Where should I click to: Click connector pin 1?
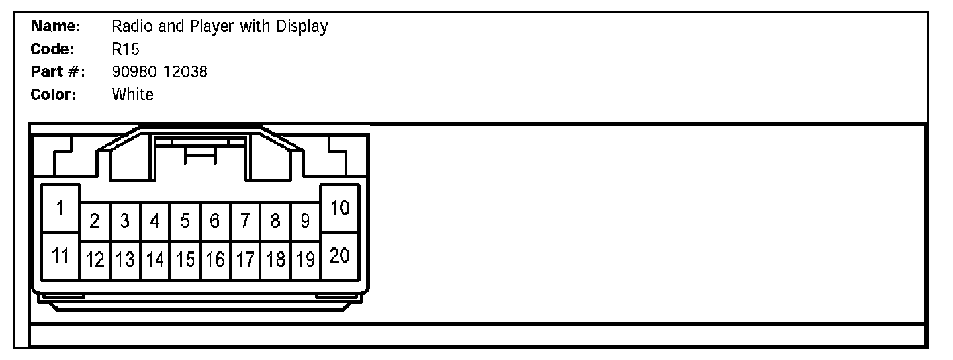coord(60,208)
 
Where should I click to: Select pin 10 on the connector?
coord(340,208)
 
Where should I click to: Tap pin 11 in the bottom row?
coord(60,255)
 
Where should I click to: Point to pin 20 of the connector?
coord(340,255)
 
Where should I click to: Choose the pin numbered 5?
coord(185,222)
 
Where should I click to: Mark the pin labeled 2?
coord(95,222)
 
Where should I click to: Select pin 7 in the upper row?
coord(245,222)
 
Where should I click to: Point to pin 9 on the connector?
coord(305,222)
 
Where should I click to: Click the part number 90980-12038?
coord(159,71)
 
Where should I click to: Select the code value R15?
coord(126,49)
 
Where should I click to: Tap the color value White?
coord(132,94)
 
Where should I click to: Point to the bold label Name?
coord(56,26)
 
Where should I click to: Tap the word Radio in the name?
coord(129,26)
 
